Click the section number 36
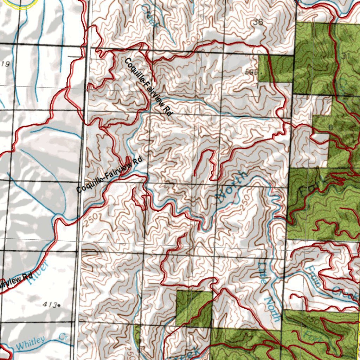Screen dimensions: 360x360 (x=258, y=22)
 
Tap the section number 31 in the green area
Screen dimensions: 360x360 (x=346, y=56)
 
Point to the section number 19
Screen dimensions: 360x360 (x=5, y=64)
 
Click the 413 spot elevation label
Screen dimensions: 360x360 (x=51, y=305)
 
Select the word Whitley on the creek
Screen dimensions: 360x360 (x=31, y=343)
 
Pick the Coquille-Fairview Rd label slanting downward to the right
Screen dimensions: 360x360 (x=148, y=88)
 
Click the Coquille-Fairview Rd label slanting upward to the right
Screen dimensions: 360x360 (x=110, y=175)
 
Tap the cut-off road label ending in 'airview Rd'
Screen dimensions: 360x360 (x=16, y=280)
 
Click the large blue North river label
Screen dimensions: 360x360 (x=232, y=187)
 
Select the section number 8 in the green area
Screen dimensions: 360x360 (x=330, y=127)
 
